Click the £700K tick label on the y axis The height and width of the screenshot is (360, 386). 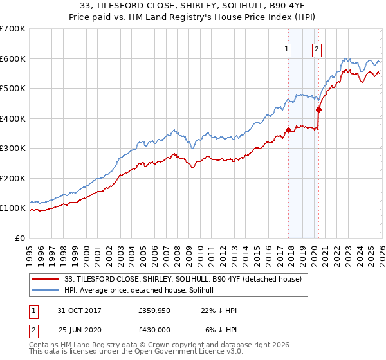(x=13, y=29)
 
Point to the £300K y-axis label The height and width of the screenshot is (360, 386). (x=13, y=148)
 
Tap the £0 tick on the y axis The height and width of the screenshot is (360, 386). (x=20, y=238)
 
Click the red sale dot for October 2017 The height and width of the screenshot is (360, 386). (x=288, y=130)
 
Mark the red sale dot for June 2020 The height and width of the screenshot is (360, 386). (x=318, y=110)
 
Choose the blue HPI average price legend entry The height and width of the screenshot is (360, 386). (x=143, y=291)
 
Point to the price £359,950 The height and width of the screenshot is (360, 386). (x=154, y=310)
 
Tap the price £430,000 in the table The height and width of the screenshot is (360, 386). (x=154, y=329)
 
